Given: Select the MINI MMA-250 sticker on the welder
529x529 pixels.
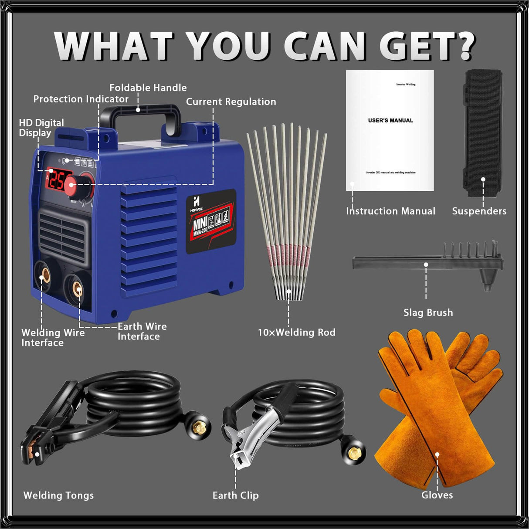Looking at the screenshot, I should coord(211,221).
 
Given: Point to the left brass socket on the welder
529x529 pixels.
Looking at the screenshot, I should coord(44,276).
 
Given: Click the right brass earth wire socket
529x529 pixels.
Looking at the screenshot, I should coord(78,288).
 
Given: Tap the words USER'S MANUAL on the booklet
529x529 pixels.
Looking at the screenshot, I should coord(390,120).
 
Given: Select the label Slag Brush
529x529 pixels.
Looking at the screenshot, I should coord(428,312).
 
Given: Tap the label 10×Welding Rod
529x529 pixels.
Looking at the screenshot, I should coord(297,332).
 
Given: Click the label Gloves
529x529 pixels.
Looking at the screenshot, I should coord(437,495).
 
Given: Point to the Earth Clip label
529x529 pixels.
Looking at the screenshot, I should coord(235,495).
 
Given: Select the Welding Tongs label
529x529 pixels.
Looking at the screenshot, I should coord(58,495).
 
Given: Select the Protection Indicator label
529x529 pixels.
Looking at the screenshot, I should coord(81,99).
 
